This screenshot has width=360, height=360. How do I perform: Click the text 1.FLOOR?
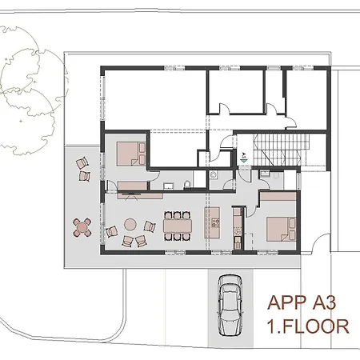pyautogui.click(x=307, y=326)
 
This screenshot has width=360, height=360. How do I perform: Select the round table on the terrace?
pyautogui.click(x=82, y=227)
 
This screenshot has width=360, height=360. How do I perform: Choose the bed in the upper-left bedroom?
pyautogui.click(x=128, y=152)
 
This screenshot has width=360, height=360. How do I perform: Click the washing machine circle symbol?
pyautogui.click(x=214, y=174)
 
